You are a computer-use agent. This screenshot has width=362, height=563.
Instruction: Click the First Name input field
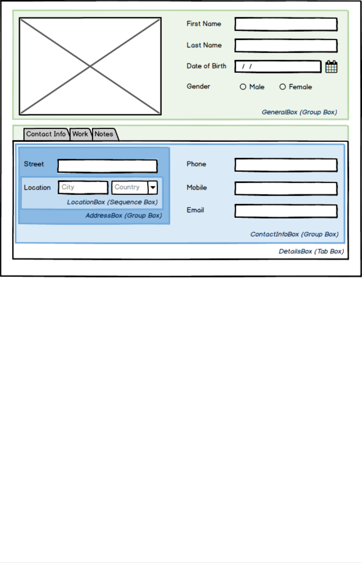(x=286, y=24)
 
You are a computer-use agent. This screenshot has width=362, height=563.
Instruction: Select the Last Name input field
(x=286, y=46)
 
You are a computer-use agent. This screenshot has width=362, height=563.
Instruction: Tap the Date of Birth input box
(x=278, y=67)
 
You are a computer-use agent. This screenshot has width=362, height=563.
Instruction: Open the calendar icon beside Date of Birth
(x=331, y=67)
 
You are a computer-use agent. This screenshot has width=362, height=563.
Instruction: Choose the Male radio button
(x=243, y=87)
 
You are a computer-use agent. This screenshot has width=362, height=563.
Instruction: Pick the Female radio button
(x=283, y=87)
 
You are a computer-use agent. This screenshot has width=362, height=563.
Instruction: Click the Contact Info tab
(x=46, y=134)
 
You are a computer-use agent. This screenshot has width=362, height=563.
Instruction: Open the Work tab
(x=80, y=134)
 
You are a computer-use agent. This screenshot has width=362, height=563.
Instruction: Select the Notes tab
(x=104, y=134)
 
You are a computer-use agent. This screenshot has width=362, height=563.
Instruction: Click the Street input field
(x=107, y=166)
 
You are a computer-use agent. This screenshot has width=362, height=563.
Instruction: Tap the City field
(x=83, y=187)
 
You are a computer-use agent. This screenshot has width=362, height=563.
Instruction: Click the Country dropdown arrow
(x=153, y=187)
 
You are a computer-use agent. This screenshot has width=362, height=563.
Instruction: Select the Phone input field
(x=286, y=165)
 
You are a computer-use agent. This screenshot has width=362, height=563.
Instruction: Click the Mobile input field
(x=286, y=189)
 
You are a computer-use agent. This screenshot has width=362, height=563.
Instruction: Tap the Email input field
(x=286, y=211)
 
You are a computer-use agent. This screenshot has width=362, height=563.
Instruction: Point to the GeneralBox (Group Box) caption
(x=299, y=112)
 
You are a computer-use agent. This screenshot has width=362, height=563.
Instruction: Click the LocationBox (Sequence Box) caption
(x=112, y=202)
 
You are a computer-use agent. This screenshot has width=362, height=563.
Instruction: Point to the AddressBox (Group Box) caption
(x=124, y=216)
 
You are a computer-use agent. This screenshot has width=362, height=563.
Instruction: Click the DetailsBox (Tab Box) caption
(x=311, y=252)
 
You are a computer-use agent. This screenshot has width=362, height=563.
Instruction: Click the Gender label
(x=198, y=87)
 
